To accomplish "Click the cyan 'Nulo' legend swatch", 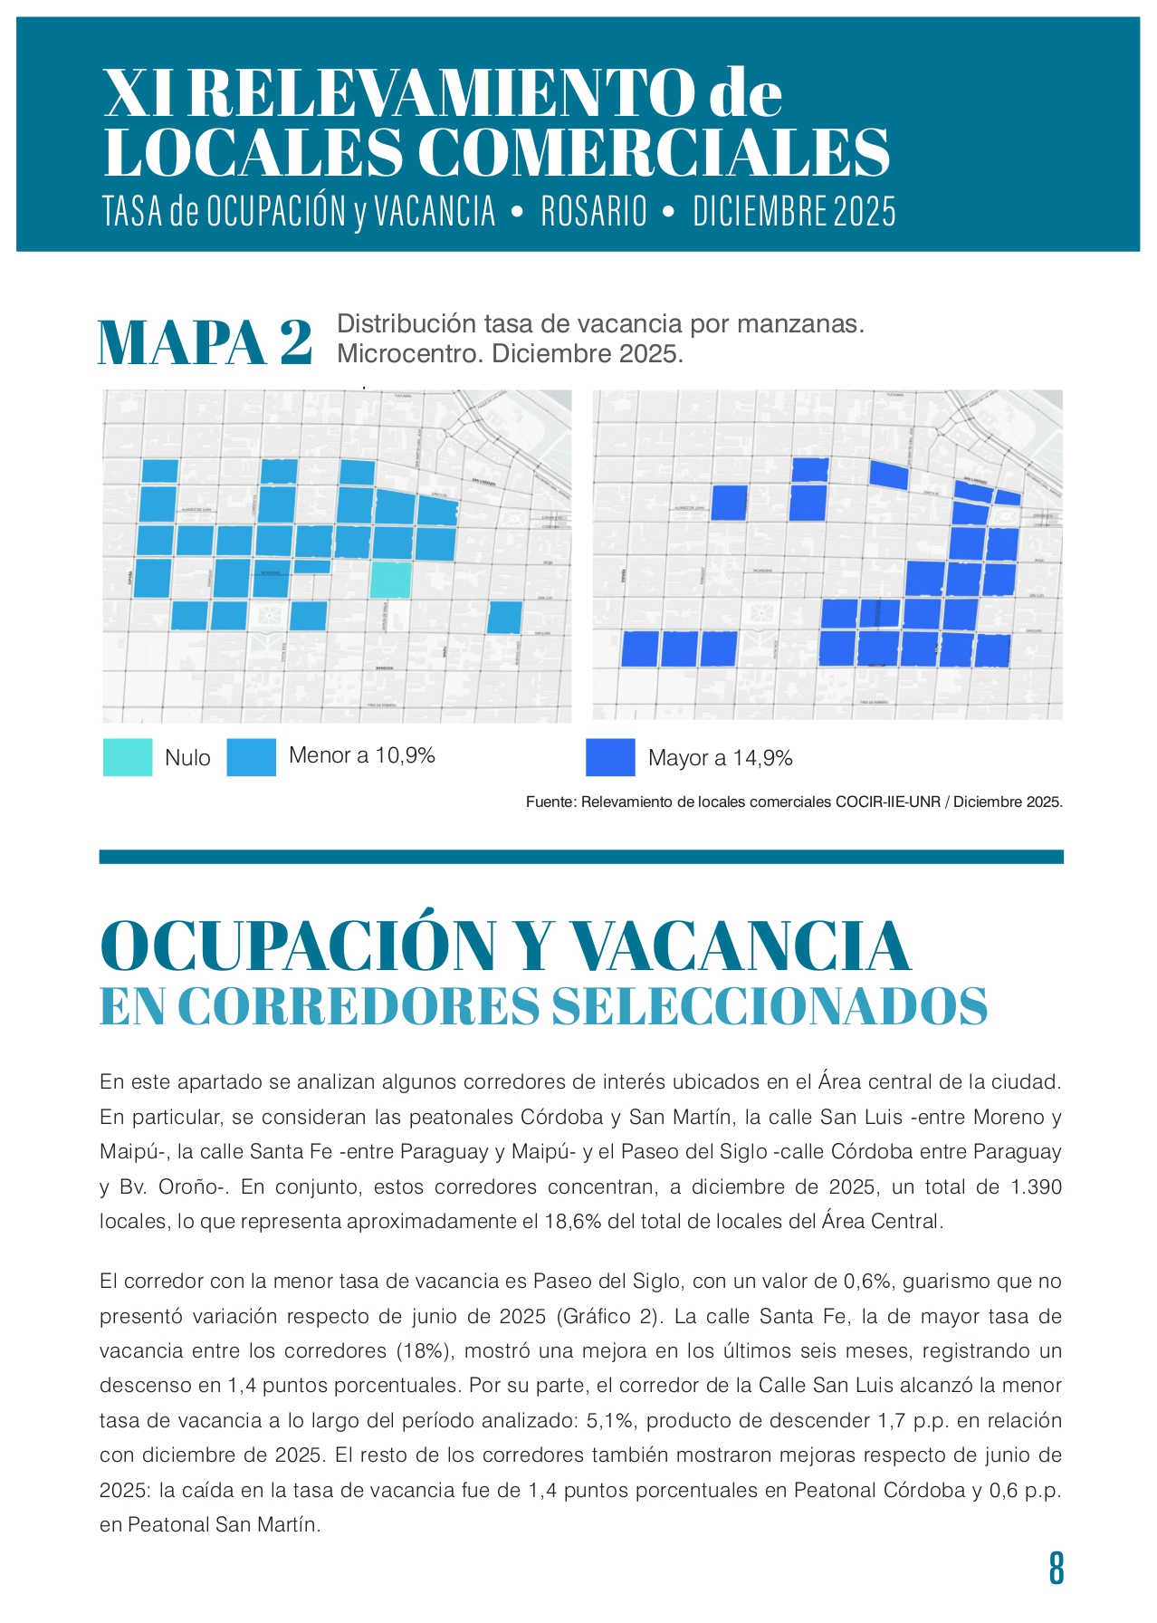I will (x=128, y=757).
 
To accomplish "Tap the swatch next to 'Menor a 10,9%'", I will (x=251, y=757).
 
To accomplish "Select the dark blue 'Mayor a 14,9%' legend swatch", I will (x=610, y=757).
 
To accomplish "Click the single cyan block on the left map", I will (x=391, y=580).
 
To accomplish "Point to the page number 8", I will (x=1056, y=1569).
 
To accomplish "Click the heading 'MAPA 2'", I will (x=206, y=342).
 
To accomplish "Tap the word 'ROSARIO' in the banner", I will (x=594, y=212).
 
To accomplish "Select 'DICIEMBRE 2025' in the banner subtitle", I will (x=794, y=212).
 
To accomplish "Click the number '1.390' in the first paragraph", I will (x=1037, y=1187).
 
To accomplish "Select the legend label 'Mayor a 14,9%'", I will (x=721, y=758).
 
